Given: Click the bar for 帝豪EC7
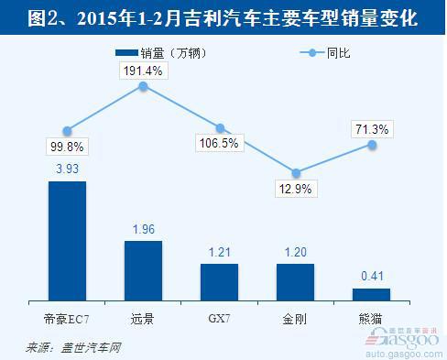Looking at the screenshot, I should click(67, 241).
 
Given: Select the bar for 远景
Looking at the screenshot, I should click(143, 271).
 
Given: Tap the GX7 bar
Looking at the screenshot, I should click(220, 282).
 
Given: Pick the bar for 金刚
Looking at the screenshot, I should click(296, 282).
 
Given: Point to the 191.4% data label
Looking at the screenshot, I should click(143, 69).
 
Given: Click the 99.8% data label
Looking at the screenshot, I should click(67, 146).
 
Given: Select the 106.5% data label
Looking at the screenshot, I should click(220, 144).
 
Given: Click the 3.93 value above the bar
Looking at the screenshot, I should click(67, 169).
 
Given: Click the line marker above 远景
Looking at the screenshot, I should click(143, 86).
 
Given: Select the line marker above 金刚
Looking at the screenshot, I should click(296, 171).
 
